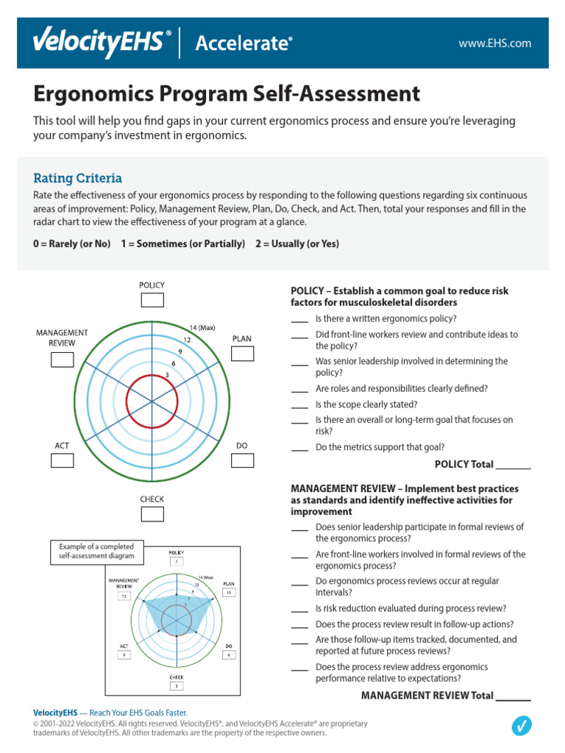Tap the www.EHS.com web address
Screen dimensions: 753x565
click(494, 43)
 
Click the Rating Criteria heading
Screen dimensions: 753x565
click(77, 178)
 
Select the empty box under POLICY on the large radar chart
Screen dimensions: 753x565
click(152, 300)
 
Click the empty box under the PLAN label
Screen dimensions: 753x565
click(242, 354)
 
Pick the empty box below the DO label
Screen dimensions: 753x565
click(242, 460)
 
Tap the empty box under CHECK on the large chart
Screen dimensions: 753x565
click(152, 514)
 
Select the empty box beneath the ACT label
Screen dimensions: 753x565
click(63, 460)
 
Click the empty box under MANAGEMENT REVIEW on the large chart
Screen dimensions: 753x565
click(63, 360)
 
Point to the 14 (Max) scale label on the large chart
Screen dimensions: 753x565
click(202, 328)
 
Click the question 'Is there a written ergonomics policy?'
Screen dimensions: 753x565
click(385, 318)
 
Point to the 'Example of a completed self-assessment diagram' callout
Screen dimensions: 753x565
click(96, 552)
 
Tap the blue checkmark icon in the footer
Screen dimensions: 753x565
click(521, 726)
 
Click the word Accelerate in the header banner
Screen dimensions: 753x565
click(243, 43)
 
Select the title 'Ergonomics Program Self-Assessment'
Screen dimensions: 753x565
click(227, 94)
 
